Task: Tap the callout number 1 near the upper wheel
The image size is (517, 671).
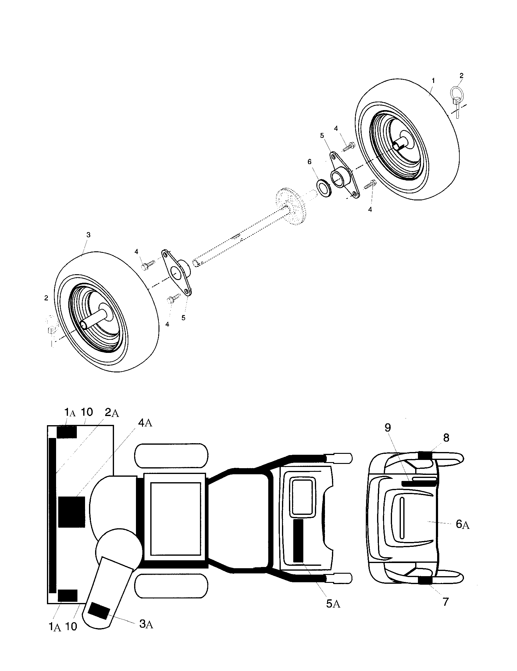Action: (433, 81)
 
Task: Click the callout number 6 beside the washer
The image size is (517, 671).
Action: (309, 162)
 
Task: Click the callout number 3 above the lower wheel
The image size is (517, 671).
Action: (88, 235)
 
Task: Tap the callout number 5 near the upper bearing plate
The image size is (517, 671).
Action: (322, 135)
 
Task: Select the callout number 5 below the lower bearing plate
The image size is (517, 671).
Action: (183, 318)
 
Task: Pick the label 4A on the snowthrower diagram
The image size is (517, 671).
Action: (145, 423)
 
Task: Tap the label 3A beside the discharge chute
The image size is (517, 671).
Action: (146, 624)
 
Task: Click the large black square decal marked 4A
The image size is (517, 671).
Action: (72, 512)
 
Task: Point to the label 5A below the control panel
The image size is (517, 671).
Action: (333, 604)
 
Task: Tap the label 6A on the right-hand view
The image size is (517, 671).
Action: (462, 525)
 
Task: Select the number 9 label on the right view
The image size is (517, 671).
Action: (388, 428)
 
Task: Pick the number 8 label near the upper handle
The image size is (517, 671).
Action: (446, 438)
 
